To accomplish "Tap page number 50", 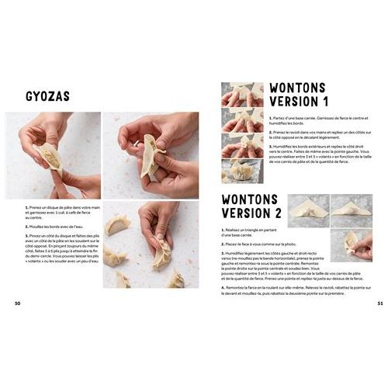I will tap(18, 303).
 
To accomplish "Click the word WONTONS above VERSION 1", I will tap(297, 87).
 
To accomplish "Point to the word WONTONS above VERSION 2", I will tap(250, 199).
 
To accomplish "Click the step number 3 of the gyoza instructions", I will tap(26, 234).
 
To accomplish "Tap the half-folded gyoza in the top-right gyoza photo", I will tap(150, 154).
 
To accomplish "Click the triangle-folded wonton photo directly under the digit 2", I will tap(308, 207).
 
